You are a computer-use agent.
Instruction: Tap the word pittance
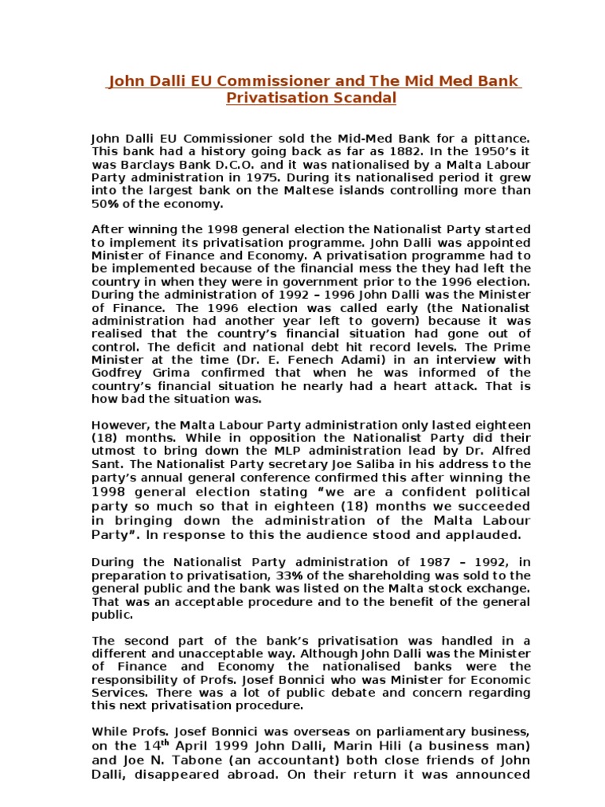[498, 138]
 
